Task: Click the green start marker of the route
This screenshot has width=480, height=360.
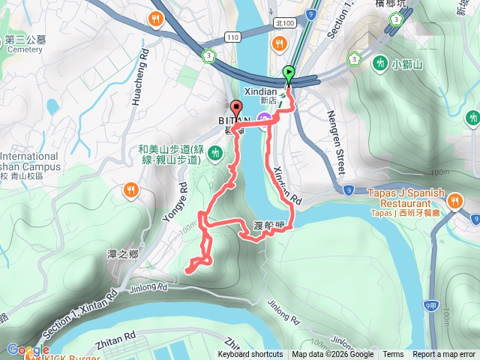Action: [x=289, y=73]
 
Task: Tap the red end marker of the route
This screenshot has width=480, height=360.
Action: [x=235, y=107]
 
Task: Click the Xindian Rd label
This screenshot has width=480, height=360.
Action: [x=286, y=184]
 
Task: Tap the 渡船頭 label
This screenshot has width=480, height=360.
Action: [x=269, y=224]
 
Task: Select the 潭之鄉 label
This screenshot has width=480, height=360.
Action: [x=122, y=254]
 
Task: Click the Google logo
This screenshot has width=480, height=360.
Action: [x=28, y=349]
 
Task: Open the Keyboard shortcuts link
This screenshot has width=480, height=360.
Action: [x=250, y=355]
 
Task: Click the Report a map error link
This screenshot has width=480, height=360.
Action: [x=444, y=355]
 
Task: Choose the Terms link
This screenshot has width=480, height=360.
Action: [x=393, y=355]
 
